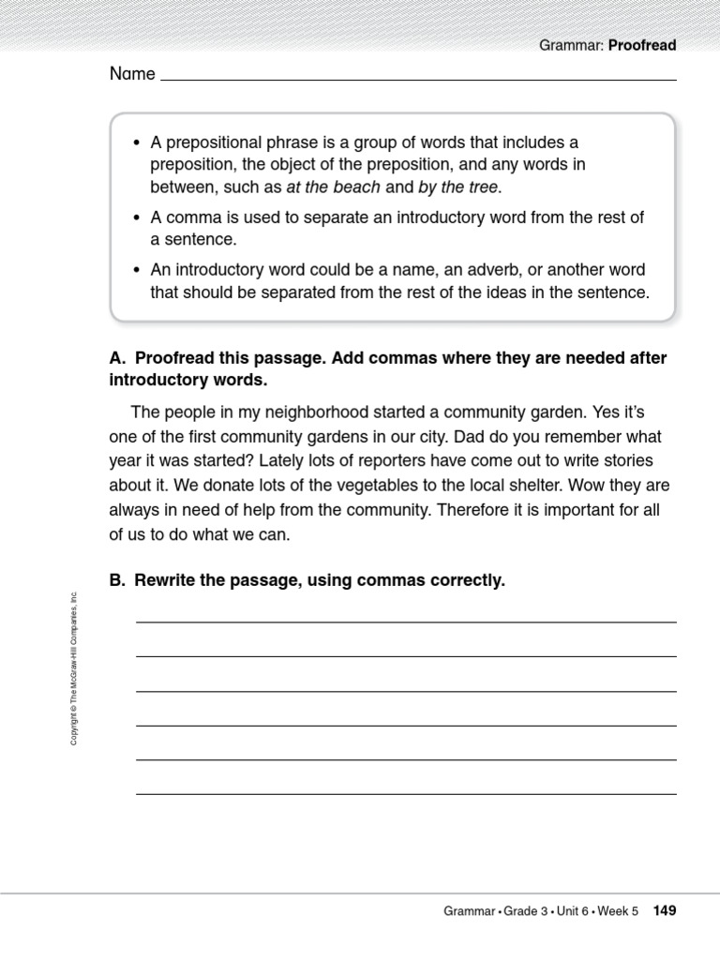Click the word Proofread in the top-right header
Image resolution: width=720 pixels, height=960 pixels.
(x=642, y=45)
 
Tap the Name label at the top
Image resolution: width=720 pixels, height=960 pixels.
(x=132, y=74)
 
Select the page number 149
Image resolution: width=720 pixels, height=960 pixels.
(x=664, y=910)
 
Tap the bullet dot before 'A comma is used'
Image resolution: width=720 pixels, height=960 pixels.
(x=137, y=218)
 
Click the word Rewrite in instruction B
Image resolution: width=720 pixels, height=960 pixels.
(x=165, y=580)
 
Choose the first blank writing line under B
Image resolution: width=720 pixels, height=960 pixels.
(x=406, y=621)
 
